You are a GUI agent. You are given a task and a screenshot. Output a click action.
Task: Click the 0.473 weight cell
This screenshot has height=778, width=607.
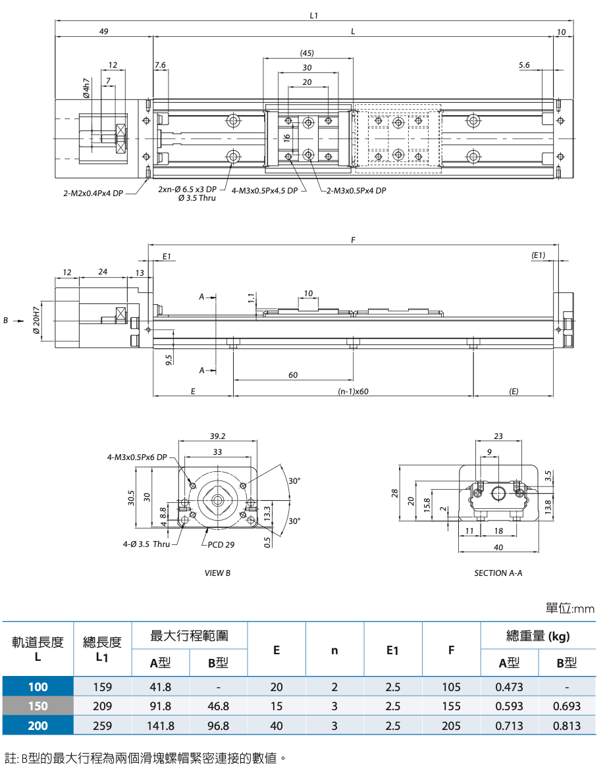point(509,687)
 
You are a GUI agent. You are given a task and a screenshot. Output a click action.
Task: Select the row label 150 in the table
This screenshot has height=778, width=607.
point(38,706)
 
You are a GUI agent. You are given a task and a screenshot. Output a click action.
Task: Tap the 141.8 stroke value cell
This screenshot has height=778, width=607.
point(161,726)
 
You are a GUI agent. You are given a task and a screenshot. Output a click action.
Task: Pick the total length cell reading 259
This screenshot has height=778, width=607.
point(102,726)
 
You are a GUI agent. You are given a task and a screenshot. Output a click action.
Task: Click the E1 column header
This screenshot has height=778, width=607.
point(393,650)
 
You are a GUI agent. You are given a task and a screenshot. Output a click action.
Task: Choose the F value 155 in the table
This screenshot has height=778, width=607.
point(451,706)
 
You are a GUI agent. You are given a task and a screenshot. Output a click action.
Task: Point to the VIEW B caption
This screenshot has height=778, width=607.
point(217,573)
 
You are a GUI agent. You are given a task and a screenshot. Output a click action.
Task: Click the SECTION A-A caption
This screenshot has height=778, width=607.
point(498,573)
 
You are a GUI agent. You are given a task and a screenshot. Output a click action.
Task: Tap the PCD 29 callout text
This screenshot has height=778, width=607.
point(221,544)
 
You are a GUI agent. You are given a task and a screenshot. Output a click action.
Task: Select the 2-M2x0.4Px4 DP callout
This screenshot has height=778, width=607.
point(93,194)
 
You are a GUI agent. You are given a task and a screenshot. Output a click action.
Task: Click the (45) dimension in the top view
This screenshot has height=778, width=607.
point(307,53)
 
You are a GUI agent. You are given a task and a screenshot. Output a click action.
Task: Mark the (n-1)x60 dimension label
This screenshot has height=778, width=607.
point(354,391)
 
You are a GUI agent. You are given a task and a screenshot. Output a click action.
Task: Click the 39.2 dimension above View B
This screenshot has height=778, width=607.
point(217,436)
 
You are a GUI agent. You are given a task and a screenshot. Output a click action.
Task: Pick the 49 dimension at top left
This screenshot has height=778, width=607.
point(104,32)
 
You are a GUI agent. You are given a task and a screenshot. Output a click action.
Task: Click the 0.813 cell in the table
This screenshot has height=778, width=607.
point(567,726)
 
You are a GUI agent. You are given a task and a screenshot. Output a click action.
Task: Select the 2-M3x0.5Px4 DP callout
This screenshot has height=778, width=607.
point(356,191)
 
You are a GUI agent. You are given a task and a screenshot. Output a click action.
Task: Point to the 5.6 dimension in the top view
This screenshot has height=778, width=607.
point(524,65)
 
